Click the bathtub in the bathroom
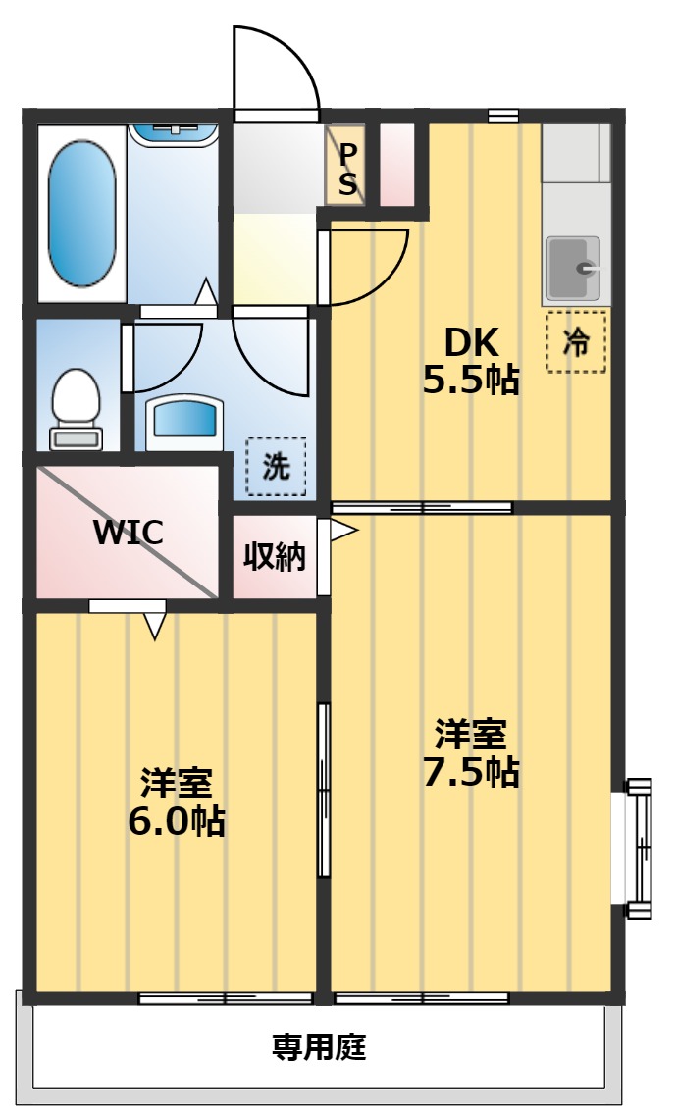pyautogui.click(x=81, y=212)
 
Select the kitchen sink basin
pyautogui.click(x=575, y=268)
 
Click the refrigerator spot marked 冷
pyautogui.click(x=576, y=342)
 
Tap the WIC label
pyautogui.click(x=128, y=533)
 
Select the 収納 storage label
pyautogui.click(x=275, y=557)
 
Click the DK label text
pyautogui.click(x=471, y=342)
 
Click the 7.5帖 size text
pyautogui.click(x=471, y=772)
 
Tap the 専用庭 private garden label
pyautogui.click(x=319, y=1047)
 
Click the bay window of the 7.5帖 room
pyautogui.click(x=639, y=848)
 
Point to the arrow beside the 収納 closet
pyautogui.click(x=343, y=531)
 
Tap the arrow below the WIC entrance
pyautogui.click(x=154, y=626)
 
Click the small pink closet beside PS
pyautogui.click(x=396, y=164)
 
